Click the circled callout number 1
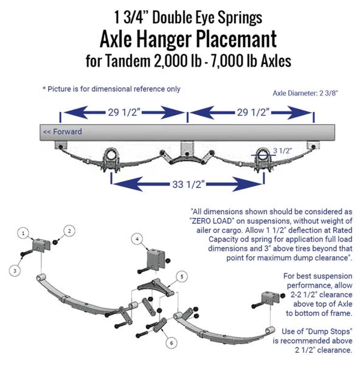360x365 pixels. point(23,233)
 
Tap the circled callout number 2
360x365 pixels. point(69,231)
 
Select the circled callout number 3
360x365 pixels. point(15,271)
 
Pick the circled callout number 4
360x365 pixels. point(137,239)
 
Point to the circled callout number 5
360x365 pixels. point(182,277)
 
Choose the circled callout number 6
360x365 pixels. point(171,342)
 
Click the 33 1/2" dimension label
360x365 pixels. point(189,184)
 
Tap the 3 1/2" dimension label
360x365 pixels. point(282,151)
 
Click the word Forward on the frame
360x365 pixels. point(67,131)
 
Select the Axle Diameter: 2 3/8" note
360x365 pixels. point(305,93)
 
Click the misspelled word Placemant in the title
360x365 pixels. point(237,39)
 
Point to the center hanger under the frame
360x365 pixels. point(187,149)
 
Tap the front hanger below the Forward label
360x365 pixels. point(61,145)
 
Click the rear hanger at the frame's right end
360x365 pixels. point(313,145)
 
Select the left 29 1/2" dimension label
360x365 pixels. point(124,113)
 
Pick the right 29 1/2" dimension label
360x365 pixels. point(253,113)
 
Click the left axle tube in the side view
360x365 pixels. point(111,154)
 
